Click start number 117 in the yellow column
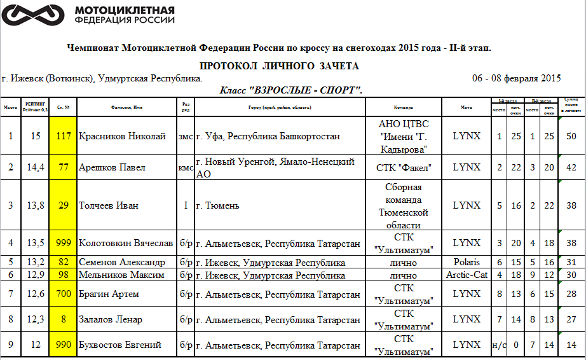[x=64, y=136]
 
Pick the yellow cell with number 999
[x=64, y=243]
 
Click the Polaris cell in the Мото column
[x=467, y=262]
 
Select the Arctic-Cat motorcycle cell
[x=467, y=275]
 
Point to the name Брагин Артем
[x=109, y=294]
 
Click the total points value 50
[x=571, y=136]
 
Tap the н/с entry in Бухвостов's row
[x=500, y=345]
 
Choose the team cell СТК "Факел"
[x=404, y=167]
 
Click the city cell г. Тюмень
[x=218, y=205]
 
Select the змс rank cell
[x=185, y=136]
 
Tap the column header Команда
[x=404, y=107]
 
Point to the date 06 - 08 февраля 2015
[x=516, y=78]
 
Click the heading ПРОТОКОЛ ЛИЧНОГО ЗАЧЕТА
[x=279, y=66]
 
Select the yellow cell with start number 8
[x=64, y=319]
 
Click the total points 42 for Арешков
[x=571, y=167]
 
